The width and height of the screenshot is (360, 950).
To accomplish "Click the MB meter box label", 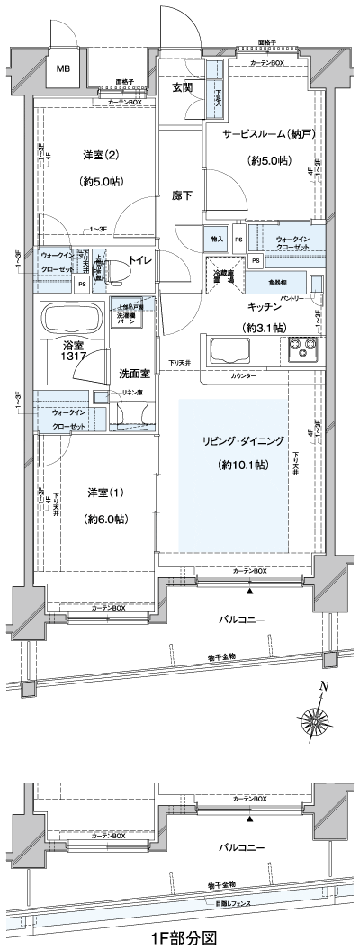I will [x=64, y=68].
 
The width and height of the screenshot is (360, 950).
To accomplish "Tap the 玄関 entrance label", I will [x=183, y=86].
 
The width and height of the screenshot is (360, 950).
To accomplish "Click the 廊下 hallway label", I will [x=183, y=195].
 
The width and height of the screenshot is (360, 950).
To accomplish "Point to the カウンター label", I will [x=243, y=375].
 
